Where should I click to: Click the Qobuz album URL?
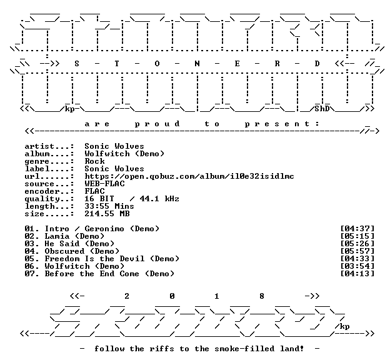point(189,176)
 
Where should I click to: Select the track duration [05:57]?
point(357,251)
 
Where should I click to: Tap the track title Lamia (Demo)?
point(74,236)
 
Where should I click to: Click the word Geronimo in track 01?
point(104,229)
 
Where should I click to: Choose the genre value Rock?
point(94,161)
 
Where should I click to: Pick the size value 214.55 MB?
point(107,214)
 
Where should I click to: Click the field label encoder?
point(42,191)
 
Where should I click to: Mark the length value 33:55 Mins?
point(109,206)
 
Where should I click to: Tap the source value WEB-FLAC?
point(104,184)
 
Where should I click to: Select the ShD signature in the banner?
point(322,109)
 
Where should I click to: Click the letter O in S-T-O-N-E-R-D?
point(157,64)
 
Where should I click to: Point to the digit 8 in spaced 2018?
point(262,296)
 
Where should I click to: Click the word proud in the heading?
point(157,124)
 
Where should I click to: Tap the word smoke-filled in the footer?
point(244,349)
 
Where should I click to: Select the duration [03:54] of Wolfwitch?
point(357,266)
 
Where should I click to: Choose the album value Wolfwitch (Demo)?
point(124,154)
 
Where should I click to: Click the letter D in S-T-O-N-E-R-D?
point(317,64)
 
